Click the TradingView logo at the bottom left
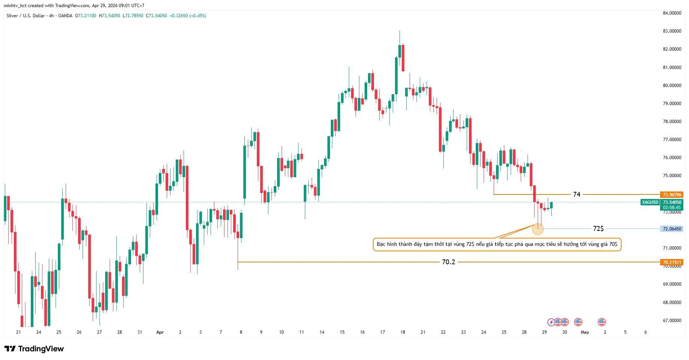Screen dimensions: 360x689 tap(34, 349)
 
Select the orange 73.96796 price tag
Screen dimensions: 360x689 tap(672, 194)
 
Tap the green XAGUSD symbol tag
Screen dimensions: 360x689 tap(650, 202)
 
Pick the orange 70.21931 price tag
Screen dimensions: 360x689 tap(672, 262)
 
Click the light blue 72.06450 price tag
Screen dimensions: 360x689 tap(672, 229)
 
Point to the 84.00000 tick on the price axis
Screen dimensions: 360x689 tap(672, 13)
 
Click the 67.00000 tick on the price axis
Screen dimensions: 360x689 tap(672, 321)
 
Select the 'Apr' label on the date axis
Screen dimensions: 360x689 tap(160, 332)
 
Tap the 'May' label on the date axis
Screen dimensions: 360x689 tap(585, 332)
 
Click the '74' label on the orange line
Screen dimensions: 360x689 tap(576, 194)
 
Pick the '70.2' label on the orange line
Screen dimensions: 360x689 tap(448, 262)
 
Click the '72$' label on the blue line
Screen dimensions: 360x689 tap(598, 229)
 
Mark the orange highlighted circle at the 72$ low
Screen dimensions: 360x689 tap(538, 229)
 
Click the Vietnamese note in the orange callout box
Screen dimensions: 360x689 tap(497, 244)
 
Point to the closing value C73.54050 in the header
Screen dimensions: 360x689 tap(157, 16)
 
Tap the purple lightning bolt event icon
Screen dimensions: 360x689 tap(551, 322)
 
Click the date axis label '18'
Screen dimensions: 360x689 tap(403, 332)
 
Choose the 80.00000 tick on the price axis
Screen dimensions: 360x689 tap(672, 86)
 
